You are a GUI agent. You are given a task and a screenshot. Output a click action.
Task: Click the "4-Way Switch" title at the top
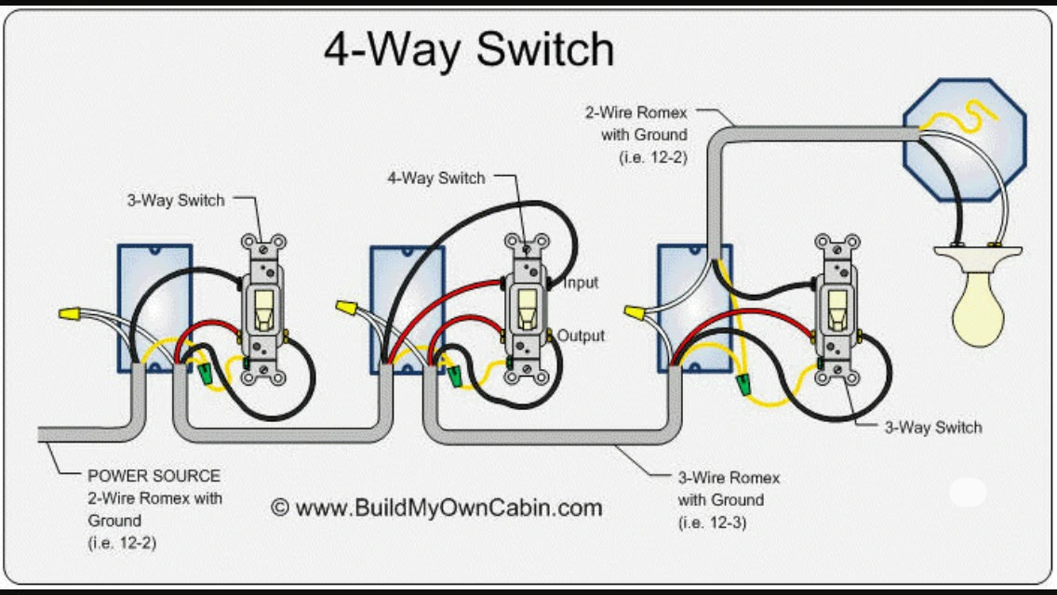point(469,49)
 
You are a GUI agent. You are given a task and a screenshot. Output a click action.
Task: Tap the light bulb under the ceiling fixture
point(978,308)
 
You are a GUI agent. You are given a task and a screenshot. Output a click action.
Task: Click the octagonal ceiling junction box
point(965,140)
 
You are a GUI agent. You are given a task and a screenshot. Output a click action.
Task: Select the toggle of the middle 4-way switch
point(527,310)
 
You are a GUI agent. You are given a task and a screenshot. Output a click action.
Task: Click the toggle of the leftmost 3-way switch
point(263,311)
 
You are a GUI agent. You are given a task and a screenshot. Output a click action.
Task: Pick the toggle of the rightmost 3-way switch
point(837,310)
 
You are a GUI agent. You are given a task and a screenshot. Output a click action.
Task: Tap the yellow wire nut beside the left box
point(70,312)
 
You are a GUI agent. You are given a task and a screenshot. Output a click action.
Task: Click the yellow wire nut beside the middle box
point(346,308)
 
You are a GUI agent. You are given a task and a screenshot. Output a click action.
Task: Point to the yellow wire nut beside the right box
point(634,312)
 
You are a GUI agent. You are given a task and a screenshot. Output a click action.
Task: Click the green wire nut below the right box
point(744,385)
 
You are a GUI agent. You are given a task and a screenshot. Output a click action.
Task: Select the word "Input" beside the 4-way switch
point(581,283)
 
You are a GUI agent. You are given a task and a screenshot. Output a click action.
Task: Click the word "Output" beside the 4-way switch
point(581,336)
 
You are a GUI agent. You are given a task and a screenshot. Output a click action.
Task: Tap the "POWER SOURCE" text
point(154,476)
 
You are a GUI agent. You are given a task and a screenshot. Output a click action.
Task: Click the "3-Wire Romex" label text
point(729,478)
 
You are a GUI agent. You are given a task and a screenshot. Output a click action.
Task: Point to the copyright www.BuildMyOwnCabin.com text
point(436,508)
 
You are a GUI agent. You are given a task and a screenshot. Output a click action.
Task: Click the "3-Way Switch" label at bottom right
point(933,428)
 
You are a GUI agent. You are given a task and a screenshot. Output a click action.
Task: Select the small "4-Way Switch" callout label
point(436,178)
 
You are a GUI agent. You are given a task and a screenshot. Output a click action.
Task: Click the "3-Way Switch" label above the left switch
point(176,200)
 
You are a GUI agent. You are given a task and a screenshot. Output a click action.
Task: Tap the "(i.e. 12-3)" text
point(713,522)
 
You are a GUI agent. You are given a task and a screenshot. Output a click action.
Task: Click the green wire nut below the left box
point(205,374)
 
